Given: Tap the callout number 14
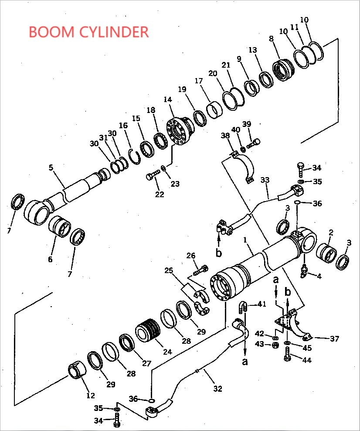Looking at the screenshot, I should [168, 100].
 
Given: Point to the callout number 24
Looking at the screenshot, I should [167, 351].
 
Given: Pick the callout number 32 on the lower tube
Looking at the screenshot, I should [217, 388].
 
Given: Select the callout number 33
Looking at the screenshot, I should [265, 179].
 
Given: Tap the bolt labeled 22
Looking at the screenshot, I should [151, 176].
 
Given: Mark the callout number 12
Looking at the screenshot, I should [90, 396].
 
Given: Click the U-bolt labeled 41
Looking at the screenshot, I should [243, 308].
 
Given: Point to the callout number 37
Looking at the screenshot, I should [334, 339].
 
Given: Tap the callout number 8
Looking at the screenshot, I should [271, 39].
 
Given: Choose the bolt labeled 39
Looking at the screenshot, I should [254, 142].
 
